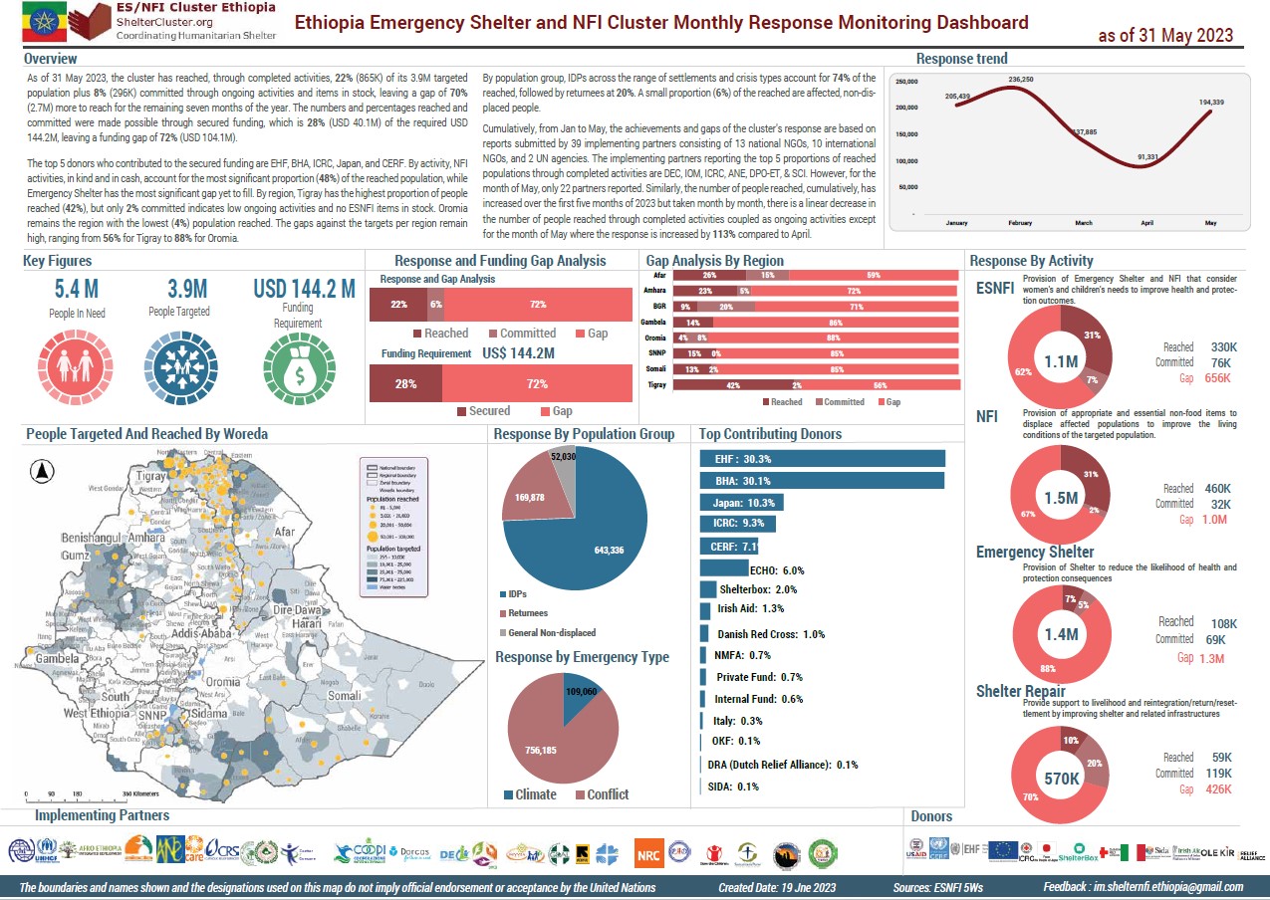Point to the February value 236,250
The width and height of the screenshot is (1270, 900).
pos(1020,79)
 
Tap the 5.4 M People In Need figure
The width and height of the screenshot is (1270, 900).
pos(76,290)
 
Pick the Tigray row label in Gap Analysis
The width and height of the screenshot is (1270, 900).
pos(657,385)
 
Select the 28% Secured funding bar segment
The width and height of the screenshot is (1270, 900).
pos(405,383)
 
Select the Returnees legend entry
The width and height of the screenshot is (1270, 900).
pos(528,613)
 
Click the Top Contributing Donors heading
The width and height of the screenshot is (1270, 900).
pos(770,434)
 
